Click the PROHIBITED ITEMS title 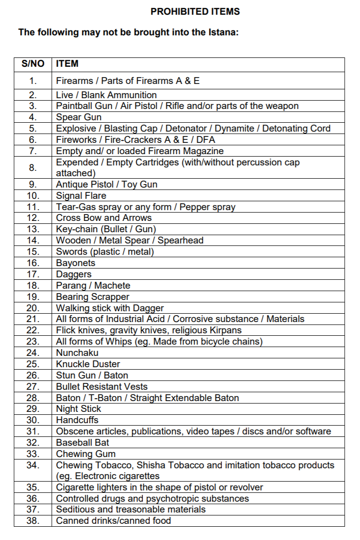point(195,11)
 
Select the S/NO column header point(33,64)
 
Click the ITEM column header point(67,64)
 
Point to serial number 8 point(33,167)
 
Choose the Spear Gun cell point(78,117)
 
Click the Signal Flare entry point(81,196)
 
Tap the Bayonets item point(76,263)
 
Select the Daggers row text point(74,274)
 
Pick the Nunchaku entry point(77,353)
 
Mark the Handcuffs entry point(77,420)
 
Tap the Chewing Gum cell point(86,454)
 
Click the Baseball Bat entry point(82,443)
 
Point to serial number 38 point(33,521)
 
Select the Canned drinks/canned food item point(113,521)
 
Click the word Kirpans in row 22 point(226,330)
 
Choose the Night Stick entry point(78,409)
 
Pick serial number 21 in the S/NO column point(33,319)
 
